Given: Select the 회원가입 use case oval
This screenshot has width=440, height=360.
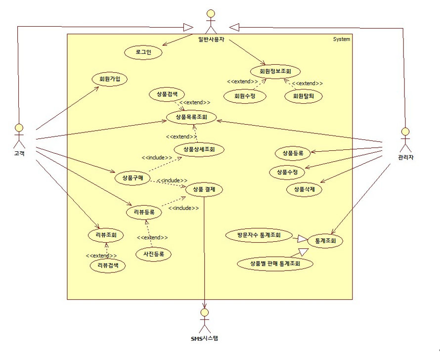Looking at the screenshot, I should (x=109, y=79).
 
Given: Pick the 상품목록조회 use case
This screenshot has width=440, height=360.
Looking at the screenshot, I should (x=191, y=117).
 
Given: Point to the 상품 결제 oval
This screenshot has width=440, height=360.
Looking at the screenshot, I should (x=204, y=189).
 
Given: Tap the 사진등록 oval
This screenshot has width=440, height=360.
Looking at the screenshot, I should (x=153, y=254).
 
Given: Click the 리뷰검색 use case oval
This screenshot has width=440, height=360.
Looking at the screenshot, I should (x=108, y=266).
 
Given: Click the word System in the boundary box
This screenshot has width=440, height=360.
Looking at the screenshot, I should (x=342, y=39).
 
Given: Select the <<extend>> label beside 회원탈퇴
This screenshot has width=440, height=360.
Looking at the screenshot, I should (x=307, y=83).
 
